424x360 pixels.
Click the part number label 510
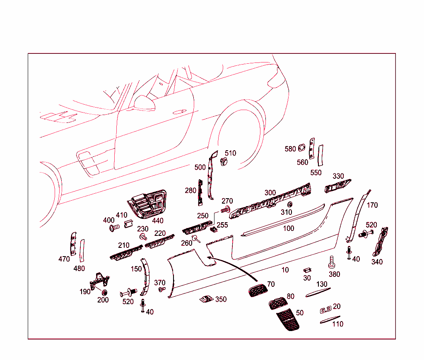pyautogui.click(x=230, y=153)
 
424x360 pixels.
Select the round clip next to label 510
pyautogui.click(x=224, y=161)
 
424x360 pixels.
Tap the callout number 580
pyautogui.click(x=290, y=149)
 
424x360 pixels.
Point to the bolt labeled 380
pyautogui.click(x=332, y=262)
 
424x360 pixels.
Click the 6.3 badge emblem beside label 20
pyautogui.click(x=325, y=310)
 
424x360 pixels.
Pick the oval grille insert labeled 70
pyautogui.click(x=257, y=290)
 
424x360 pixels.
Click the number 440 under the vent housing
pyautogui.click(x=157, y=221)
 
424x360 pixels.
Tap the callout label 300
pyautogui.click(x=270, y=193)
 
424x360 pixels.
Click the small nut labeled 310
pyautogui.click(x=290, y=204)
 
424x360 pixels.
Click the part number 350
pyautogui.click(x=221, y=299)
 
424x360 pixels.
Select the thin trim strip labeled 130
pyautogui.click(x=316, y=293)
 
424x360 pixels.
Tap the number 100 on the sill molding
pyautogui.click(x=289, y=228)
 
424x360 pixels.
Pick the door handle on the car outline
pyautogui.click(x=179, y=112)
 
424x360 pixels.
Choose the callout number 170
pyautogui.click(x=372, y=205)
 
